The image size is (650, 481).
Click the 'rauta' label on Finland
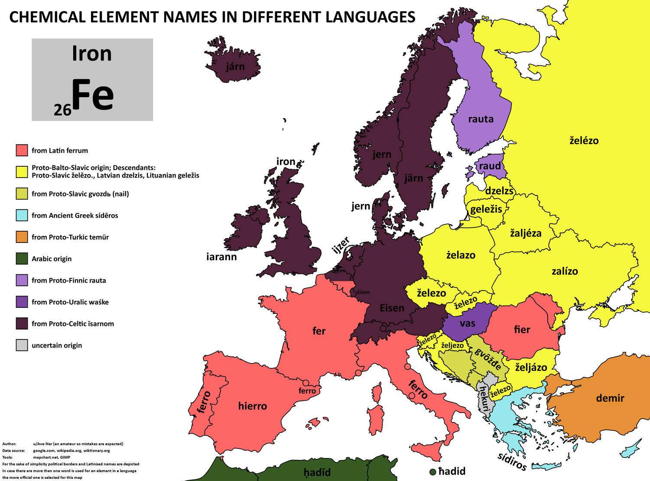pyautogui.click(x=481, y=119)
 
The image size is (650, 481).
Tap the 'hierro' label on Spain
pyautogui.click(x=252, y=406)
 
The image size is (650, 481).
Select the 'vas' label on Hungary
pyautogui.click(x=468, y=323)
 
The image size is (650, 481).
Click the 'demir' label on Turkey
pyautogui.click(x=610, y=398)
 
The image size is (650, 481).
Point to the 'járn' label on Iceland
pyautogui.click(x=235, y=67)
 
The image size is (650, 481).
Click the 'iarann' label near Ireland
pyautogui.click(x=221, y=257)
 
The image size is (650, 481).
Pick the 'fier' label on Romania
pyautogui.click(x=522, y=329)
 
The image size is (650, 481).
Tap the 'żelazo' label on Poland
pyautogui.click(x=461, y=255)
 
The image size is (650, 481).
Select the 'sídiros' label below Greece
pyautogui.click(x=512, y=462)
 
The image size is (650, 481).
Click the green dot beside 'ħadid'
pyautogui.click(x=432, y=471)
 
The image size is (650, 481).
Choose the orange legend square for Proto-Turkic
pyautogui.click(x=22, y=237)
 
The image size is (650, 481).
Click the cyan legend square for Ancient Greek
pyautogui.click(x=22, y=215)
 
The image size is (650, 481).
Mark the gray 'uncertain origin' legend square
pyautogui.click(x=22, y=345)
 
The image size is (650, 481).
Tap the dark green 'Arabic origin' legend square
pyautogui.click(x=22, y=258)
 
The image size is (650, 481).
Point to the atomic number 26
pyautogui.click(x=62, y=110)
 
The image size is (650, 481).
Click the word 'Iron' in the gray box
pyautogui.click(x=92, y=54)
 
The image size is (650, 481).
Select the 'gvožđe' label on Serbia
pyautogui.click(x=488, y=358)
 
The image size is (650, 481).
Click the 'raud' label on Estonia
pyautogui.click(x=490, y=166)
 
